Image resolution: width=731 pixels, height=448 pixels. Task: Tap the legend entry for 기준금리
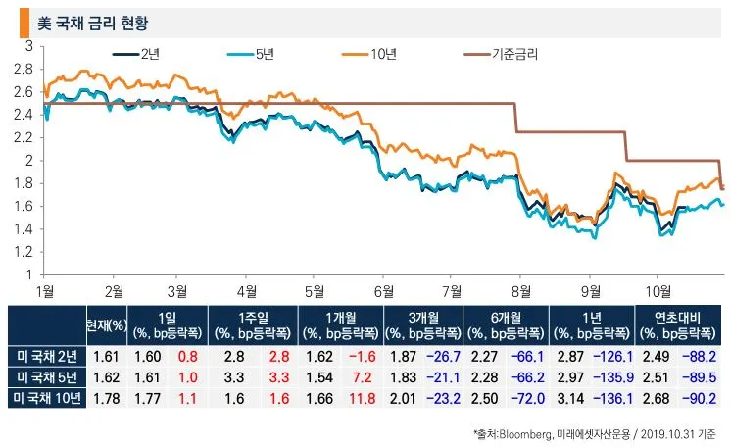click(x=514, y=55)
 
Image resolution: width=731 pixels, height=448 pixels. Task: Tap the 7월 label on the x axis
click(x=453, y=291)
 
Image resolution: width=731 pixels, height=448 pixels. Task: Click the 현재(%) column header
click(x=107, y=324)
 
